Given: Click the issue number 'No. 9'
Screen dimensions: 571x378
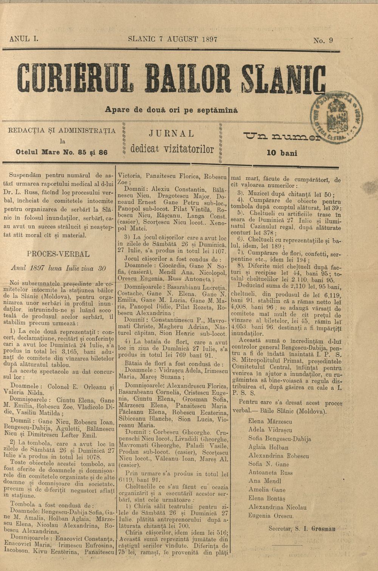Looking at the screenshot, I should tap(323, 41).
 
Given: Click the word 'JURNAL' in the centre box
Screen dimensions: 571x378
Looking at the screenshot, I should tap(172, 133).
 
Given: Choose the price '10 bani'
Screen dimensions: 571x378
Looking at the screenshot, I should tap(282, 153).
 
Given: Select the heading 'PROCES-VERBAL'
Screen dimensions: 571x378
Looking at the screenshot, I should tap(58, 253).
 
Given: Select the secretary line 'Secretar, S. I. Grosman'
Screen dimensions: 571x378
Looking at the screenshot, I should tap(302, 528).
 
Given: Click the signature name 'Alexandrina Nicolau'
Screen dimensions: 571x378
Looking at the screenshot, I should tap(277, 507).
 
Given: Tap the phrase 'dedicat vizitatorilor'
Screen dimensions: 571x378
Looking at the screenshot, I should tap(172, 149).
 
